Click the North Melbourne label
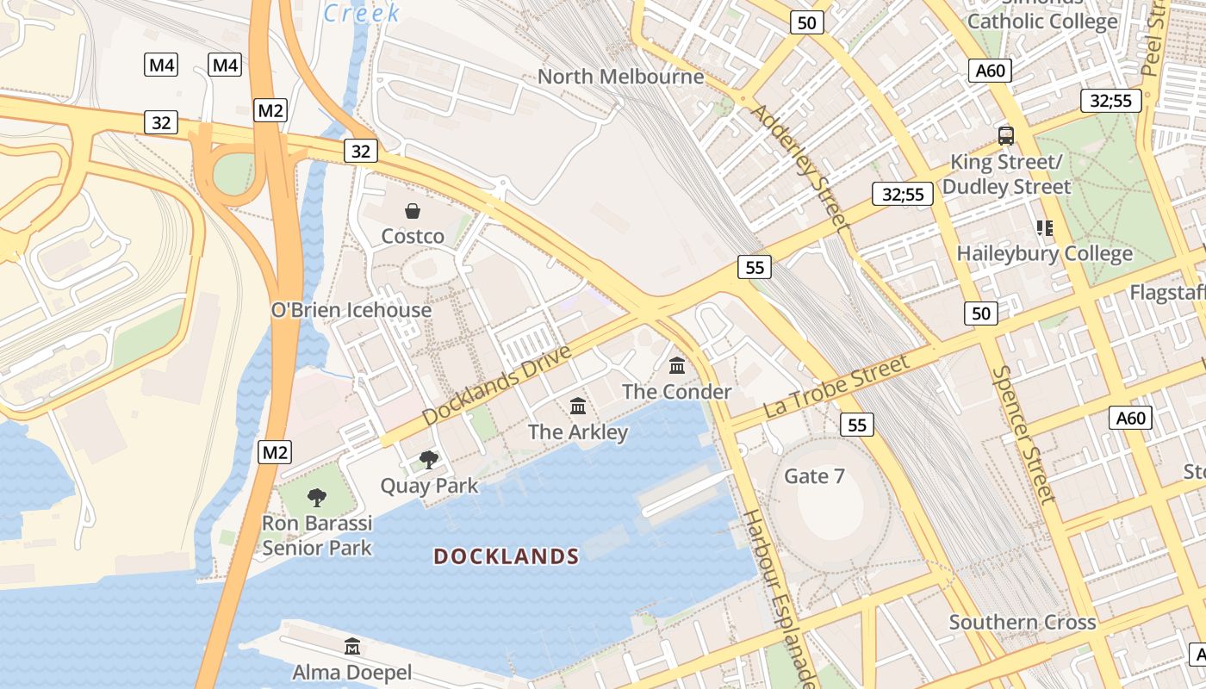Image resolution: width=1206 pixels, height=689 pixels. (620, 77)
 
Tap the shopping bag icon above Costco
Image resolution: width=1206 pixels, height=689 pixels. (413, 211)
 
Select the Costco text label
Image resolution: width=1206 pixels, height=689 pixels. (413, 236)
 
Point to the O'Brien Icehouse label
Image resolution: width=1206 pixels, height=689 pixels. (351, 310)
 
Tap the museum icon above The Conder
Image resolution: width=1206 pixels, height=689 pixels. (677, 366)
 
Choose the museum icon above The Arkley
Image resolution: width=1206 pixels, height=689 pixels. (578, 406)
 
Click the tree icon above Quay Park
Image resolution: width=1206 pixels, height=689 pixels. (428, 459)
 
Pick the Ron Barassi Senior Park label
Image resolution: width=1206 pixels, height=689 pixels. (317, 536)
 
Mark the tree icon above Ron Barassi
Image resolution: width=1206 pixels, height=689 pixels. (317, 497)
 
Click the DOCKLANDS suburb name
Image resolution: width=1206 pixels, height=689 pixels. (506, 556)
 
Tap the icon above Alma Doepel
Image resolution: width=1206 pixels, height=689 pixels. (352, 646)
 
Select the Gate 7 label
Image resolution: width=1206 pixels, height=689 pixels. (814, 476)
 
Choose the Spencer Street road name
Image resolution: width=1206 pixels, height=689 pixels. (1023, 433)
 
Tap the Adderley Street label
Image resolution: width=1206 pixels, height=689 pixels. (799, 167)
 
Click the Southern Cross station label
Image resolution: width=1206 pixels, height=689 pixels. (1022, 622)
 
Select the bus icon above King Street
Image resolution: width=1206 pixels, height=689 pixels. (1005, 135)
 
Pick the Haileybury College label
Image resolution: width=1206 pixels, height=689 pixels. (1044, 254)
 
